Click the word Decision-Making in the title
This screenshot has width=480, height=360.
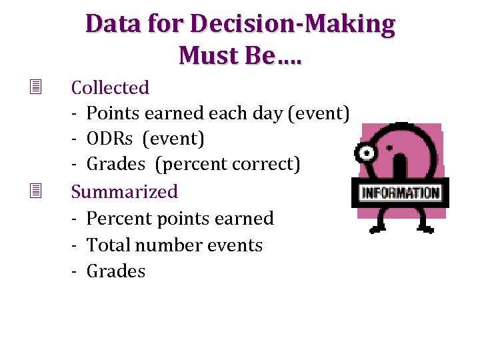[x=293, y=25]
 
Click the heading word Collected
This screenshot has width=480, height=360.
[x=110, y=87]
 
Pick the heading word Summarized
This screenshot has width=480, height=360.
[x=125, y=192]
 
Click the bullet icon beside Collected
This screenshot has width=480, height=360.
[x=35, y=87]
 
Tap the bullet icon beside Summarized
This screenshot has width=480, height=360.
[x=35, y=191]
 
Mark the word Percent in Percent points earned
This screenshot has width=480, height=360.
[x=115, y=219]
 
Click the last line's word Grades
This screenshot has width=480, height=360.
[x=116, y=271]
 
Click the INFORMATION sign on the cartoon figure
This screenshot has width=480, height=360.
[x=400, y=193]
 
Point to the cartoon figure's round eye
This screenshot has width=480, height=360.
[x=366, y=153]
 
